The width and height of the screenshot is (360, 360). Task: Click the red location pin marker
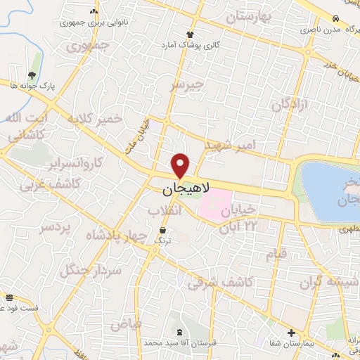pos(181,165)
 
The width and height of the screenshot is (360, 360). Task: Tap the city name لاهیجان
pos(185,190)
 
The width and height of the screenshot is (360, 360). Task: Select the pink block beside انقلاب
pos(217,204)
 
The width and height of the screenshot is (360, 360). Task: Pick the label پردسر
pos(54,228)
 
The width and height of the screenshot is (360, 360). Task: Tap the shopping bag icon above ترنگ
pos(163,230)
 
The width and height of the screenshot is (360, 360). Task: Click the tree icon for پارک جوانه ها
pos(32,74)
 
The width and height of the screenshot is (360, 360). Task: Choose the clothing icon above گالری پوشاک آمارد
pos(189,34)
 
